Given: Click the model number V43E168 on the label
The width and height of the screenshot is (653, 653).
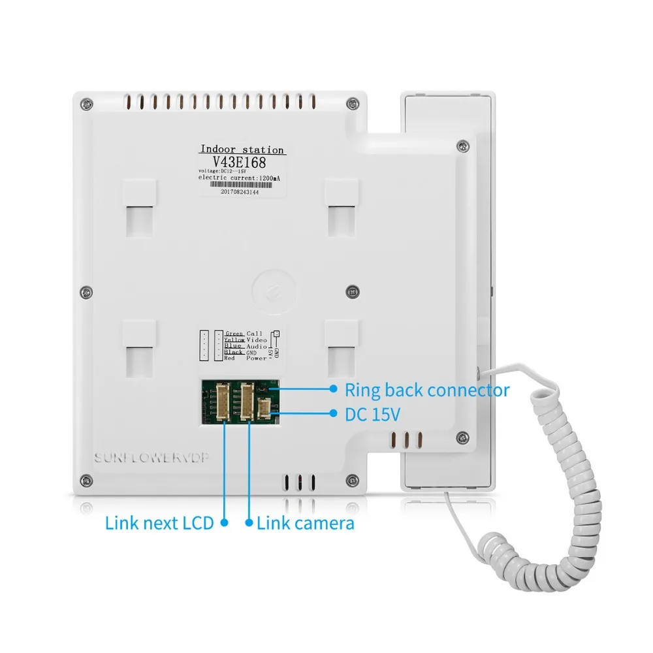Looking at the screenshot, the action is (x=242, y=163).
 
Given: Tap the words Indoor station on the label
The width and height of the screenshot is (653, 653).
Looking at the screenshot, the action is (x=242, y=150).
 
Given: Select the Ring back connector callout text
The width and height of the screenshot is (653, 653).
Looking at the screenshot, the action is (x=427, y=390).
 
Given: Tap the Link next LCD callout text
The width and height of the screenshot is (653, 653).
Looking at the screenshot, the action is (x=159, y=522).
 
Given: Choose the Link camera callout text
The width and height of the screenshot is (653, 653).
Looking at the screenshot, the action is (x=306, y=522).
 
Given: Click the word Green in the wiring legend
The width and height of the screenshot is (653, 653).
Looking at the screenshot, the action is (x=234, y=334).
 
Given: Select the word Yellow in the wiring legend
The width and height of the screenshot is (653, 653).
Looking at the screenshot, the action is (x=234, y=340).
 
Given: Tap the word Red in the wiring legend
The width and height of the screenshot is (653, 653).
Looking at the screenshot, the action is (x=229, y=358).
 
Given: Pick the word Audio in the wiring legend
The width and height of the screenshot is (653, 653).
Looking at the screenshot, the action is (x=256, y=346).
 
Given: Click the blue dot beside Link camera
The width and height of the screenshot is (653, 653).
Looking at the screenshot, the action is (x=249, y=522).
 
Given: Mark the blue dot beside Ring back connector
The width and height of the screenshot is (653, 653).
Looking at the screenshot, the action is (x=333, y=390).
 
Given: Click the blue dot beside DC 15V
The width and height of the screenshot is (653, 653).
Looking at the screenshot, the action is (x=333, y=414).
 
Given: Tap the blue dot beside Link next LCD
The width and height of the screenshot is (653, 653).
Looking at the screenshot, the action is (x=224, y=522).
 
